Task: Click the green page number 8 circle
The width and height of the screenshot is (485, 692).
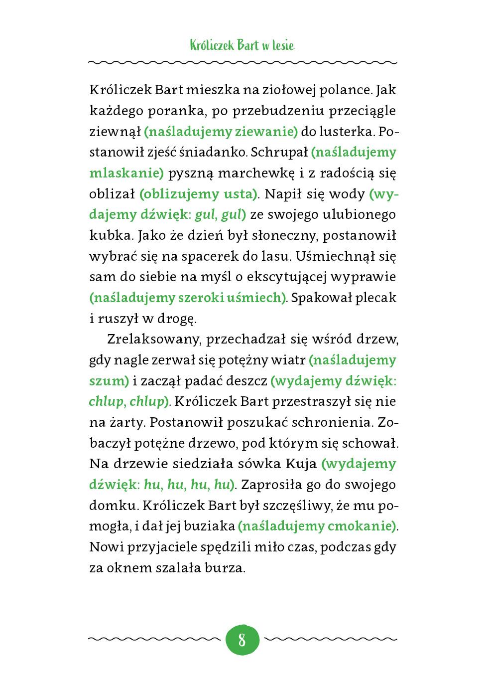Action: click(242, 639)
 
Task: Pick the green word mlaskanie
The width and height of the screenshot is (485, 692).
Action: click(125, 173)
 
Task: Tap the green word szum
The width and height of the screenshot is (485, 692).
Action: click(107, 381)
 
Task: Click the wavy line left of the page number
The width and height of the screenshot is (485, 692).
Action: click(154, 639)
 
